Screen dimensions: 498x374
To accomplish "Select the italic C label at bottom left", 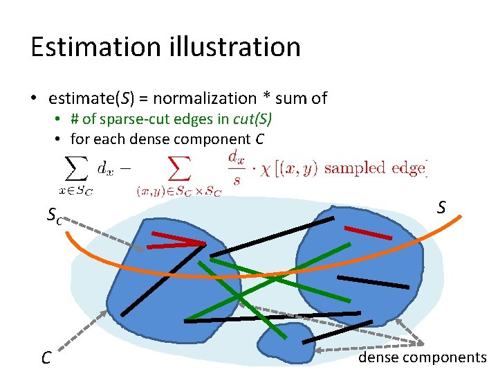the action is tap(46, 358).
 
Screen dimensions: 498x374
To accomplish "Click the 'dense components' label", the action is tap(422, 357).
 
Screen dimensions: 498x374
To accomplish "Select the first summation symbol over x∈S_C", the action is tap(75, 168).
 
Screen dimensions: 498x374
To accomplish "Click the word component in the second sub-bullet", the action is tap(218, 139).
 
